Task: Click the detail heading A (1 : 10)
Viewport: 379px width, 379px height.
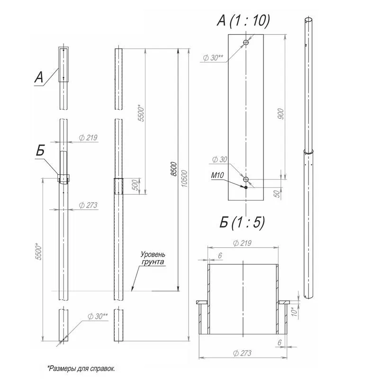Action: (243, 20)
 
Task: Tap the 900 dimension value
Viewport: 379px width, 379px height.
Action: (280, 114)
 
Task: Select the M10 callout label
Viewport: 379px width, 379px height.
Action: (217, 175)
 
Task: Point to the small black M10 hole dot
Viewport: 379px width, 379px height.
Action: (246, 187)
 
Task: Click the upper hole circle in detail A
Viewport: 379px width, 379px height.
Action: (246, 43)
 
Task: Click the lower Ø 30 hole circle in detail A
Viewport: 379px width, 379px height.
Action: (246, 180)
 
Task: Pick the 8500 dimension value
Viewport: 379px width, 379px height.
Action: (174, 169)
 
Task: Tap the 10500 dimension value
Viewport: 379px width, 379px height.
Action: (184, 179)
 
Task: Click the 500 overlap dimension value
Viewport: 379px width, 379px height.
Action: (136, 185)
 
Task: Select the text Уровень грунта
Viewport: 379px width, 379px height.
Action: (153, 258)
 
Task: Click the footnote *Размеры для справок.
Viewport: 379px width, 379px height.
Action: (81, 369)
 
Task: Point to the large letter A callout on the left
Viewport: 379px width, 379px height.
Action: (39, 77)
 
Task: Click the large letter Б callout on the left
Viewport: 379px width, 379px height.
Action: (41, 150)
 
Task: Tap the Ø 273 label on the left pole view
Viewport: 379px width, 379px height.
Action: (88, 205)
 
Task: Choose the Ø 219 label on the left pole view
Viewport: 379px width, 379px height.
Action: (88, 137)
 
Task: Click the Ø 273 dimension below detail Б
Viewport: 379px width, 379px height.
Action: (242, 353)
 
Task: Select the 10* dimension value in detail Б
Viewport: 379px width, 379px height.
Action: (295, 311)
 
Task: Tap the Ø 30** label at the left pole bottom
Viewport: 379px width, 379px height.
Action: (98, 316)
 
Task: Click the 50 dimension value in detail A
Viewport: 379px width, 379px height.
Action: (277, 194)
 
